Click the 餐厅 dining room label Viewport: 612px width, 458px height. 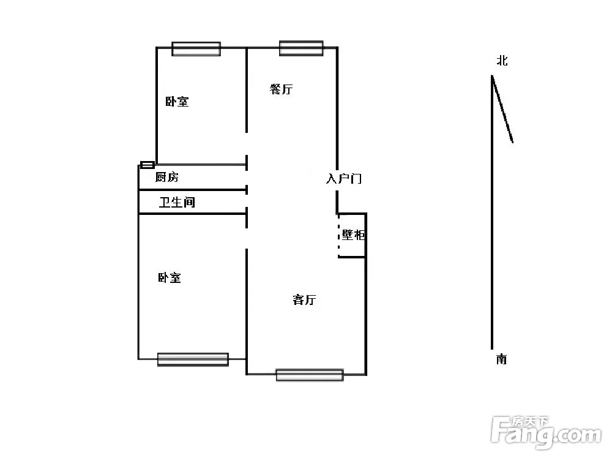(x=281, y=89)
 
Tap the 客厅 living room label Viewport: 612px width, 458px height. (x=304, y=299)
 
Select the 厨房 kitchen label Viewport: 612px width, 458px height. (x=167, y=177)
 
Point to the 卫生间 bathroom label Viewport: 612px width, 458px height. (x=177, y=202)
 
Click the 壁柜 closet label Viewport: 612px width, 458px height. (x=353, y=235)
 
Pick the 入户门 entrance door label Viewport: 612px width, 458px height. (x=344, y=178)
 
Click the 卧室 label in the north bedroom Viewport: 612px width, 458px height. (x=177, y=102)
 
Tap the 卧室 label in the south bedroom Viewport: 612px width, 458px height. (x=170, y=277)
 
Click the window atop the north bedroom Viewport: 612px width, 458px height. (x=196, y=49)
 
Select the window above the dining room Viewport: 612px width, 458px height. (x=301, y=48)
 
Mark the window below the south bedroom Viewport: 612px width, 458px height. (x=193, y=359)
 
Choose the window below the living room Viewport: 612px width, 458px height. (x=310, y=375)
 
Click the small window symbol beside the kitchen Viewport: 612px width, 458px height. (x=147, y=165)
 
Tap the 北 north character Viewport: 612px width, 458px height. (x=502, y=61)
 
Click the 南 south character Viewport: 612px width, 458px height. (x=502, y=359)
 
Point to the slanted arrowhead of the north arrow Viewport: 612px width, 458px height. (x=502, y=109)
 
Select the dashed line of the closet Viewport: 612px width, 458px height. (x=339, y=236)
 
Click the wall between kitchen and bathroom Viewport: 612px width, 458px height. (x=193, y=190)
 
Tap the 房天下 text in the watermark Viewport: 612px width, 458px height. (x=531, y=422)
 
